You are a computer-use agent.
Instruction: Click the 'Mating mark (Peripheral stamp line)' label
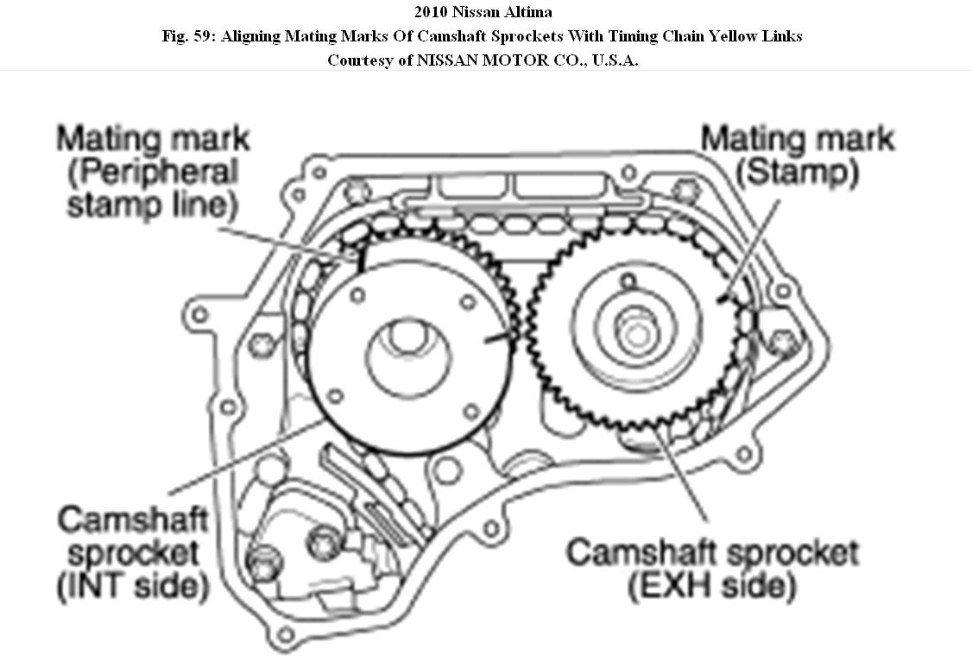(154, 172)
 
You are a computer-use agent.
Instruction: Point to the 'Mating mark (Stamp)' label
(797, 155)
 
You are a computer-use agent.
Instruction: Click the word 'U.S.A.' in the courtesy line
(611, 60)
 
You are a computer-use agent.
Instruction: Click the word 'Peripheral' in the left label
(154, 172)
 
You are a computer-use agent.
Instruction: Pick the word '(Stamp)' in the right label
(797, 173)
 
